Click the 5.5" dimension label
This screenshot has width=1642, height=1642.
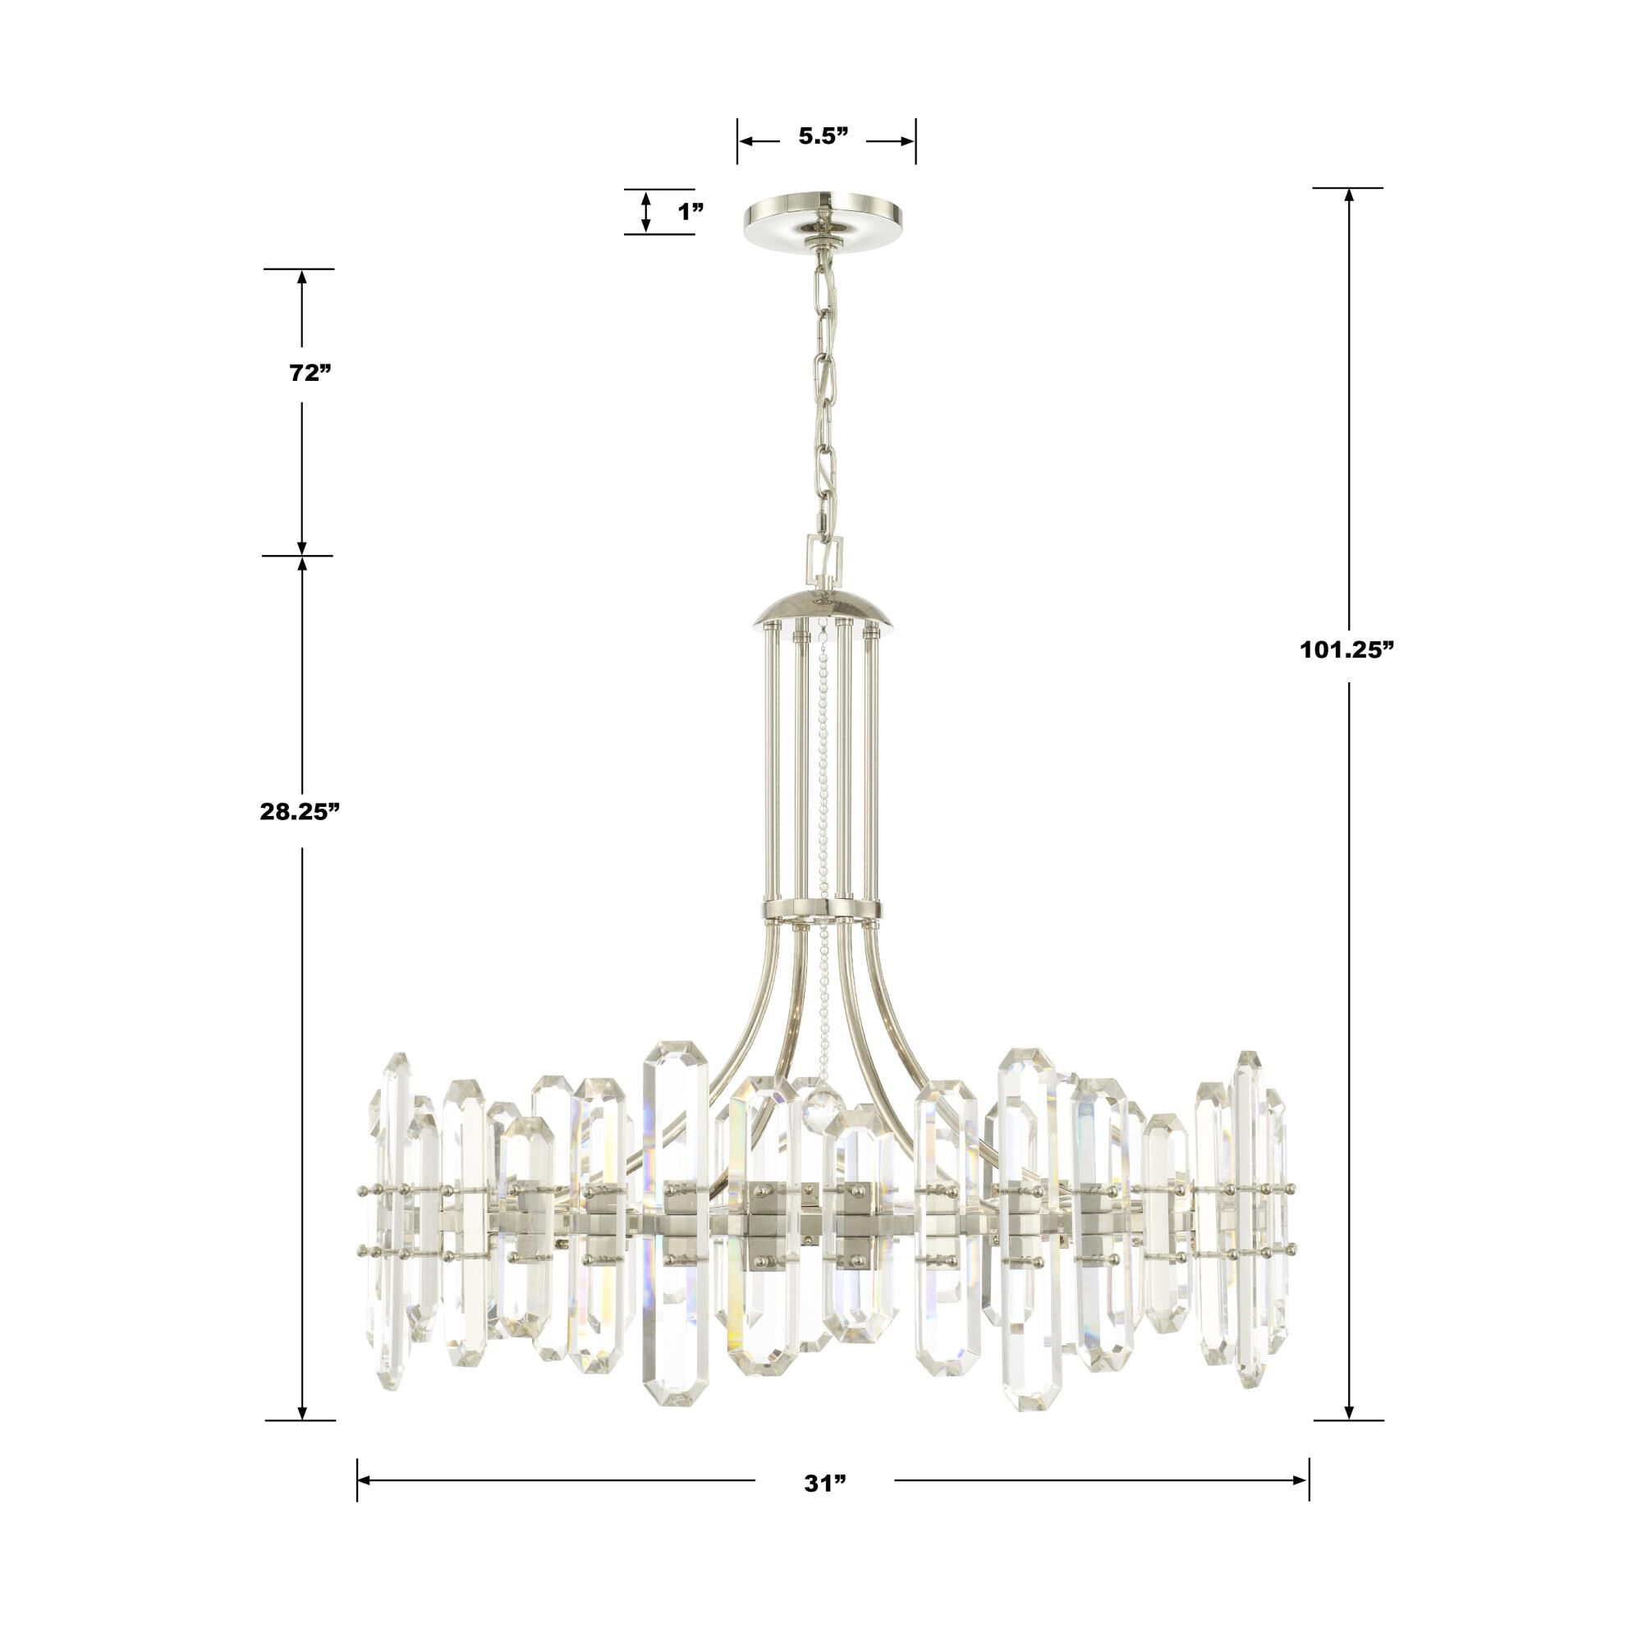click(823, 137)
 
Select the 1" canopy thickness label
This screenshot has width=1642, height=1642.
click(691, 212)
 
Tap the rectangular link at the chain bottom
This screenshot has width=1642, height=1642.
click(823, 557)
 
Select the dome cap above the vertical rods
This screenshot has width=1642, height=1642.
click(823, 607)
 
